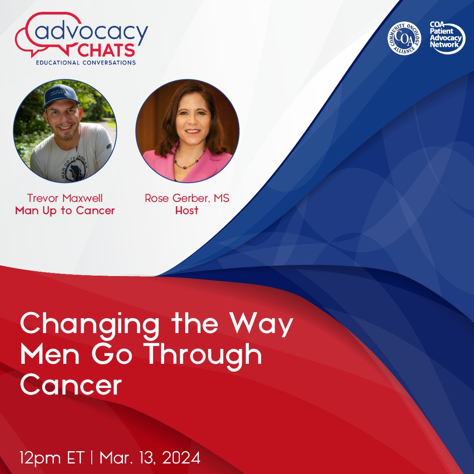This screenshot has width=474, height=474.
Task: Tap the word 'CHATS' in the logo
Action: coord(107,50)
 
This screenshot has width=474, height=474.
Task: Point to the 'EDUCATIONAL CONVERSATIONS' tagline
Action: coord(86,63)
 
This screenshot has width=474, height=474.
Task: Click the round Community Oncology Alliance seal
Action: coord(404,39)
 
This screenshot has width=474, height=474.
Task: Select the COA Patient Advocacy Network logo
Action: coord(447,38)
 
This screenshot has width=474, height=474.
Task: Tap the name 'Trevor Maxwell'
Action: coord(65,198)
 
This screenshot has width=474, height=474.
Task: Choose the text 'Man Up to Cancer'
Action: coord(65,211)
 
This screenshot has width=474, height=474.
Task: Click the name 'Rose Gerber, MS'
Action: coord(187,198)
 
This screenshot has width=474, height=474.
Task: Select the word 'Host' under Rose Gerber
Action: coord(187,211)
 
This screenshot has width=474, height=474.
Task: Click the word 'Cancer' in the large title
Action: coord(71,385)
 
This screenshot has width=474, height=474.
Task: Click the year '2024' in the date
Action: coord(181,458)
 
